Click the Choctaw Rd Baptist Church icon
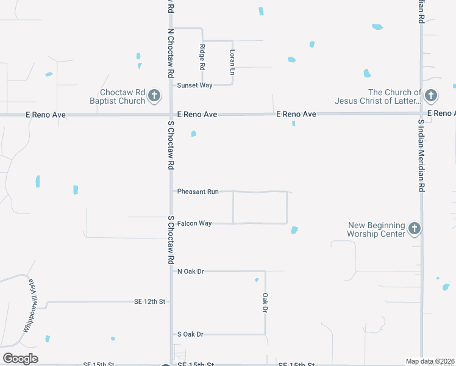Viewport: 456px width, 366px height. [154, 96]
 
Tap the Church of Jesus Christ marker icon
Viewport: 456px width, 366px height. [430, 96]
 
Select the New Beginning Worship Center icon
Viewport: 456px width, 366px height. [414, 229]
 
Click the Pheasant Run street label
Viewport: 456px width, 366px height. [198, 192]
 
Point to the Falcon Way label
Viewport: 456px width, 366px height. [194, 223]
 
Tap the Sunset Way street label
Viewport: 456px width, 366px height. [194, 85]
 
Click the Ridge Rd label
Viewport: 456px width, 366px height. [202, 57]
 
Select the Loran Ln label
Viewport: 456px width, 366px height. [232, 62]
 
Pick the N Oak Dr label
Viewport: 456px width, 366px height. [190, 271]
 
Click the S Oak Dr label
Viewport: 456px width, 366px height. [190, 334]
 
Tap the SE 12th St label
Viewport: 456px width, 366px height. [150, 301]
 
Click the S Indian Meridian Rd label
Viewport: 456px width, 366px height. [421, 156]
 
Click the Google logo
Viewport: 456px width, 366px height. [21, 359]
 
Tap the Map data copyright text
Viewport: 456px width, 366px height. [430, 361]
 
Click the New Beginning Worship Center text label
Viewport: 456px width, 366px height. [376, 229]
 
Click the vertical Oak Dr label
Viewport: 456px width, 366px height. [265, 303]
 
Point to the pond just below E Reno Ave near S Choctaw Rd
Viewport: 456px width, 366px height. [193, 134]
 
